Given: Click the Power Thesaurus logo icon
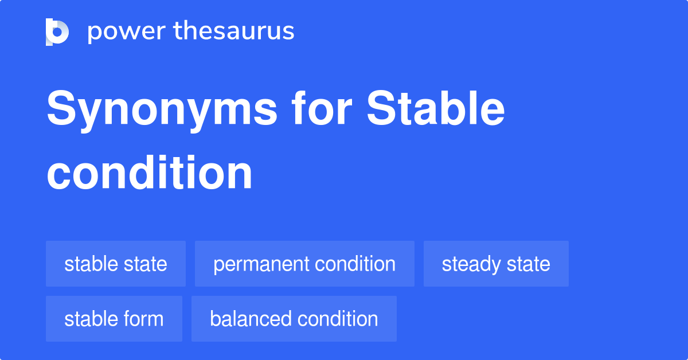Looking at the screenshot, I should [x=57, y=32].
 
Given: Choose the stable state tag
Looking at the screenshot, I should [x=116, y=264].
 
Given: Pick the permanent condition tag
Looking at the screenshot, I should [x=304, y=264].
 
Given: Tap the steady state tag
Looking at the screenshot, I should [x=496, y=264].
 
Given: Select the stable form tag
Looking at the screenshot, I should [x=114, y=319].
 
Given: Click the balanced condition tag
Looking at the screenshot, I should [x=294, y=319].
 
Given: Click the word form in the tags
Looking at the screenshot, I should [x=144, y=319].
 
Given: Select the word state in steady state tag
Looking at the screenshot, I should [x=527, y=264].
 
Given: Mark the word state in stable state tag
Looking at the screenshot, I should [x=147, y=264].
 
